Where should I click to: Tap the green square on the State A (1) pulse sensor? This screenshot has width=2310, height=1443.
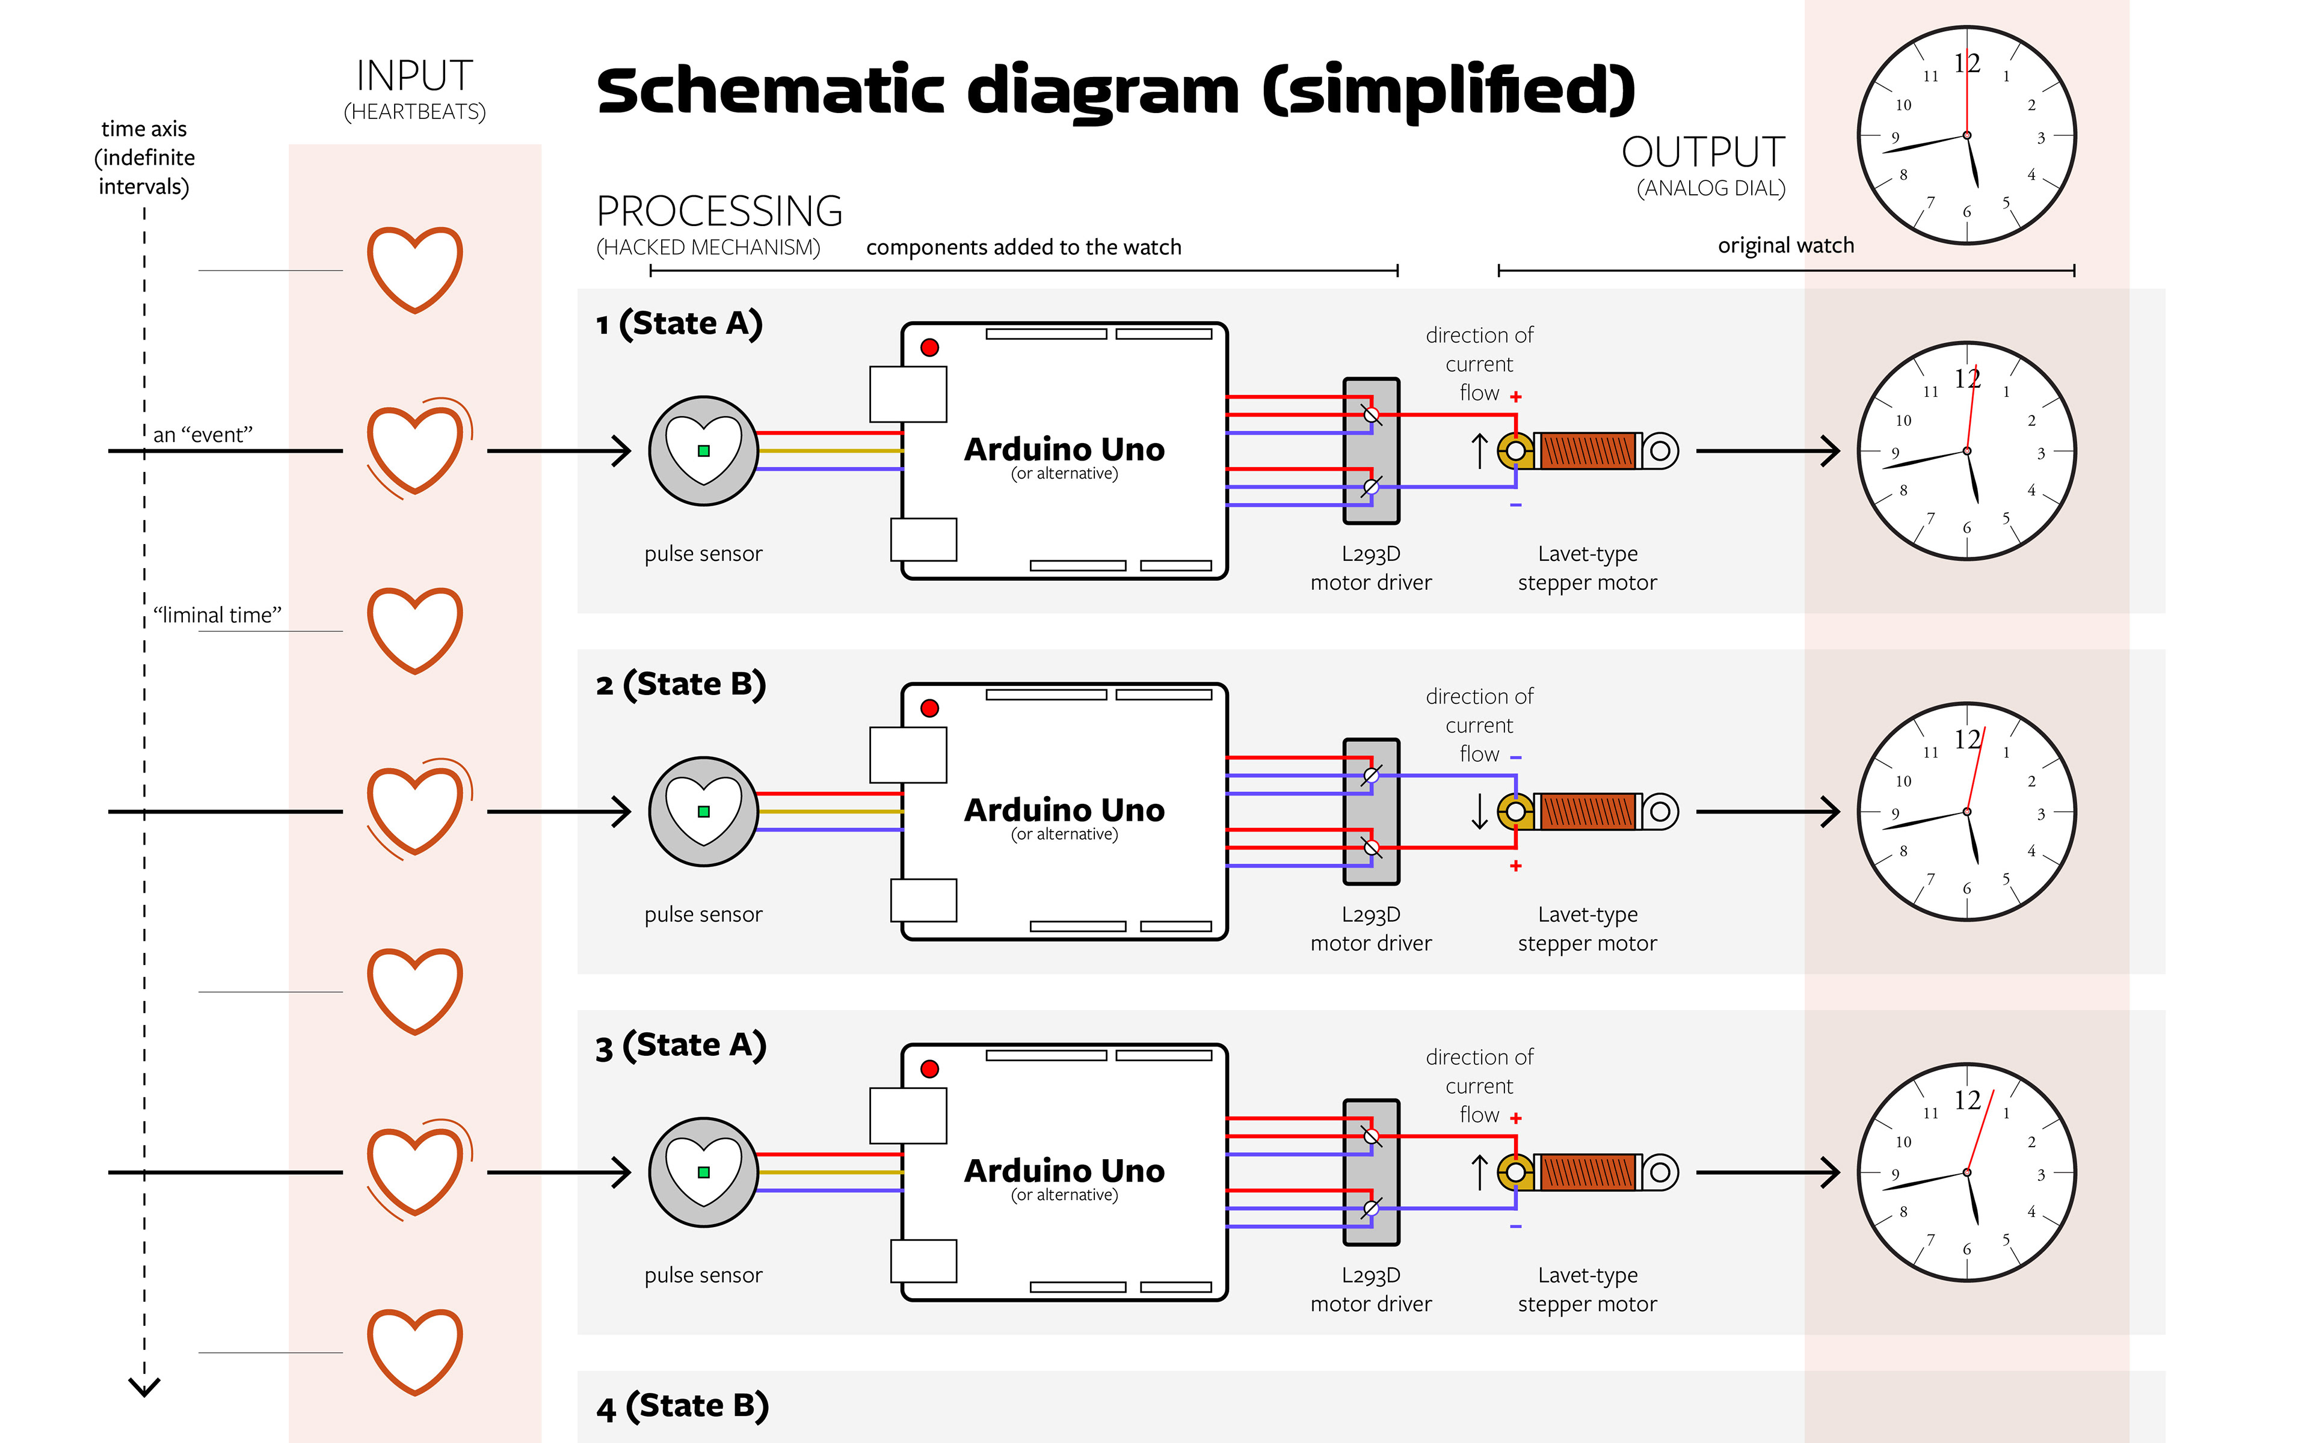coord(703,450)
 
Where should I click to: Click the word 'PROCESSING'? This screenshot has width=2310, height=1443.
coord(719,211)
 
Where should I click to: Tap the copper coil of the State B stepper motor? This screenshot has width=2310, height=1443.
coord(1588,811)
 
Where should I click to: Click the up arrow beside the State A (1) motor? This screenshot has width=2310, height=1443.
coord(1480,450)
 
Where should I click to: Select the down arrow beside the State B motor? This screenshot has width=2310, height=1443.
coord(1480,811)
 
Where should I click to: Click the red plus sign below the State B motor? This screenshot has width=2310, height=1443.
coord(1516,866)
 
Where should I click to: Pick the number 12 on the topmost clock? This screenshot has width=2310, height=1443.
coord(1967,63)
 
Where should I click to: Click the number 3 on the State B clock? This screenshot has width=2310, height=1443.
coord(2041,814)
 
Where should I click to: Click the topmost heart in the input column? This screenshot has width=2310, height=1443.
coord(415,270)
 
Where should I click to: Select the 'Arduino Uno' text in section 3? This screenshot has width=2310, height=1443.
coord(1064,1171)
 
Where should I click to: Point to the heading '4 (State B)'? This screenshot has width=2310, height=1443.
coord(683,1407)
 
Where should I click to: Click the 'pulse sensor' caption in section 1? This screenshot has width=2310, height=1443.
coord(703,554)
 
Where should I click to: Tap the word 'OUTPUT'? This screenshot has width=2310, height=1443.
coord(1703,153)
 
